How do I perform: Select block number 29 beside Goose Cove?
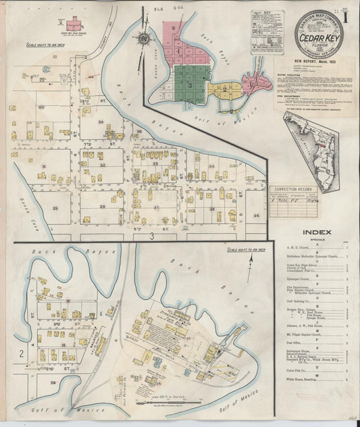pyautogui.click(x=55, y=208)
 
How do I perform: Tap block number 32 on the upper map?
pyautogui.click(x=102, y=165)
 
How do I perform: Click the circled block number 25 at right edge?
pyautogui.click(x=256, y=215)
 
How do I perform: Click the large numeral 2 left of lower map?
pyautogui.click(x=22, y=353)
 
